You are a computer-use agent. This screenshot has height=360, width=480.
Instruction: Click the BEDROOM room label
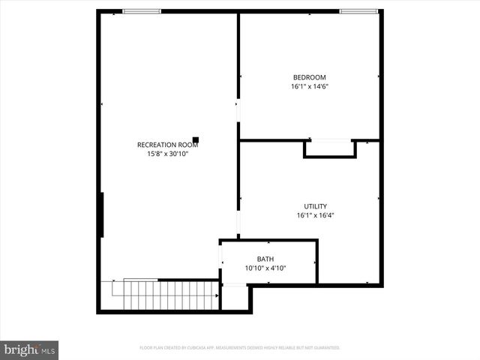[x=309, y=77]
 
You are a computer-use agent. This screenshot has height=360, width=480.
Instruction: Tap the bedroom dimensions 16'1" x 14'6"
[x=309, y=87]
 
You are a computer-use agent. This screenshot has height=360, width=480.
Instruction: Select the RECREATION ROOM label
[x=167, y=145]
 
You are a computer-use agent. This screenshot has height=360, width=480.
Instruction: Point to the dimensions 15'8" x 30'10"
[x=167, y=154]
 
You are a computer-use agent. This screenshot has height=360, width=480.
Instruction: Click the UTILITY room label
[x=315, y=206]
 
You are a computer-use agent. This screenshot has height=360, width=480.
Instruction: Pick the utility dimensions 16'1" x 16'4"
[x=315, y=216]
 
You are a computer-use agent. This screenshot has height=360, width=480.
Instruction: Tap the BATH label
[x=265, y=259]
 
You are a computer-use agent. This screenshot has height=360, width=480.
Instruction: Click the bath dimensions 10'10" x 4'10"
[x=265, y=268]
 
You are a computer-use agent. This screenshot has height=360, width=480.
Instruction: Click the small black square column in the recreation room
[x=196, y=139]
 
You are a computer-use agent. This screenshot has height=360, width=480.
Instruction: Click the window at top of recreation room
[x=142, y=11]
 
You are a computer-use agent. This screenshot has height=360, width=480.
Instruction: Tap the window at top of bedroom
[x=358, y=11]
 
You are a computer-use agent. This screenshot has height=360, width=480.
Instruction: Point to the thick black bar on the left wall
[x=100, y=215]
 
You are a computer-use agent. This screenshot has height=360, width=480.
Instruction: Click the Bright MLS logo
[x=29, y=349]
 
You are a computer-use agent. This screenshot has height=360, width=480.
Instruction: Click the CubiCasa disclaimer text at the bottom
[x=240, y=348]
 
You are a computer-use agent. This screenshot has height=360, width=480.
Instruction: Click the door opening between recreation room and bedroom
[x=238, y=112]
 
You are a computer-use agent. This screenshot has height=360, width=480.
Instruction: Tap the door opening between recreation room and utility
[x=238, y=223]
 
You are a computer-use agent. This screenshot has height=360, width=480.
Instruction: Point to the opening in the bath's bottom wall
[x=235, y=284]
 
